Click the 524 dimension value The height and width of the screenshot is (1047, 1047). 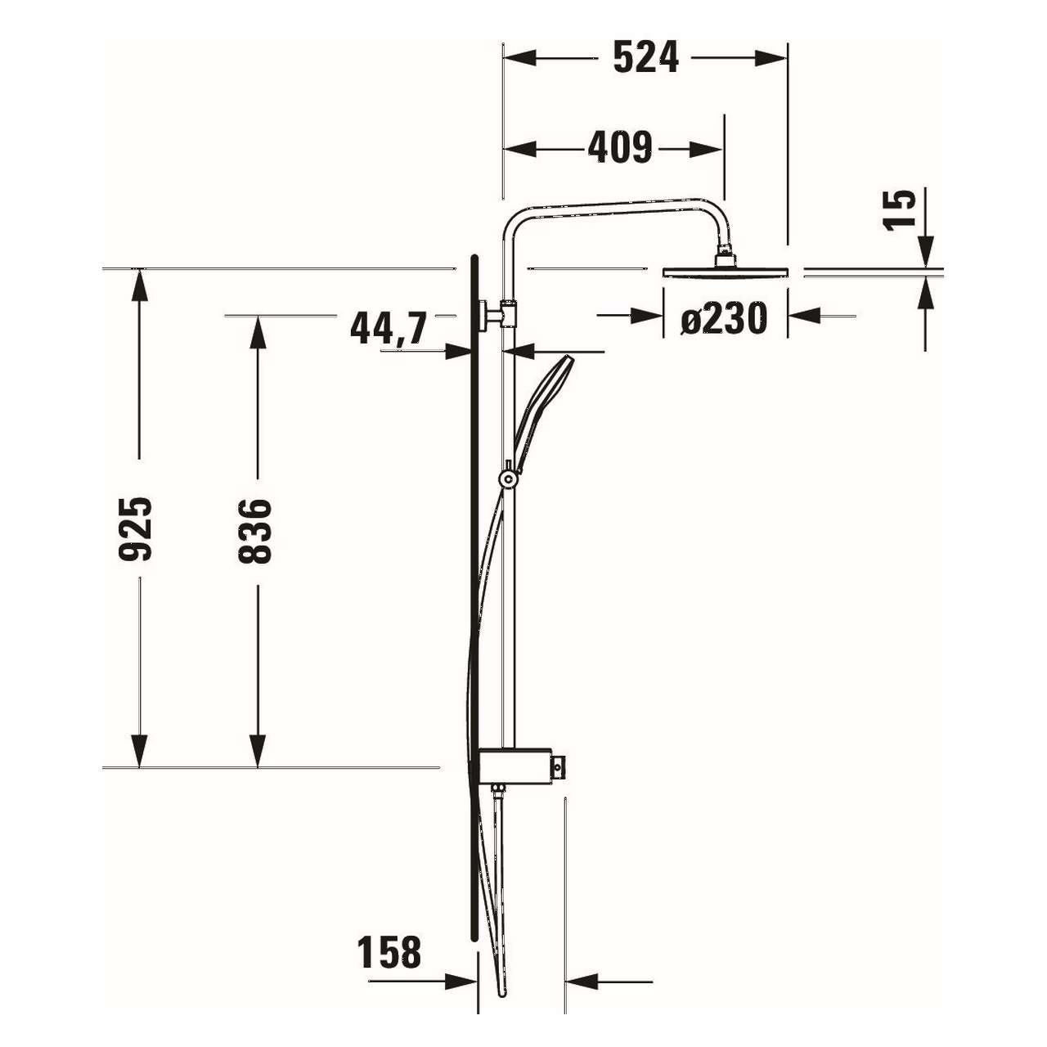pos(645,58)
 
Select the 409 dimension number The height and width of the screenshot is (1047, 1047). pos(620,148)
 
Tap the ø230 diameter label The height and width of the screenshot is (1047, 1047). pos(724,318)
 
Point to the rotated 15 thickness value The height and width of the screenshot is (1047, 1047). pos(901,210)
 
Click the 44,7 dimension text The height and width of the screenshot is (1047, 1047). pos(389,329)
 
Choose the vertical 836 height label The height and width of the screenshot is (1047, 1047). pos(254,531)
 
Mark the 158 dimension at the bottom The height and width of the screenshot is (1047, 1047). pos(389,953)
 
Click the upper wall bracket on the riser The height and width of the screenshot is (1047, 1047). pos(497,313)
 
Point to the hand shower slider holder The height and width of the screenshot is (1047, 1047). pos(509,477)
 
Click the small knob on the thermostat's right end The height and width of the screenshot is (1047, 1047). pos(558,766)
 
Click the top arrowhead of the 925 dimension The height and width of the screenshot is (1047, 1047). pos(141,283)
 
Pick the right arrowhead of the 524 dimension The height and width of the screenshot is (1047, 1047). pos(772,58)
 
